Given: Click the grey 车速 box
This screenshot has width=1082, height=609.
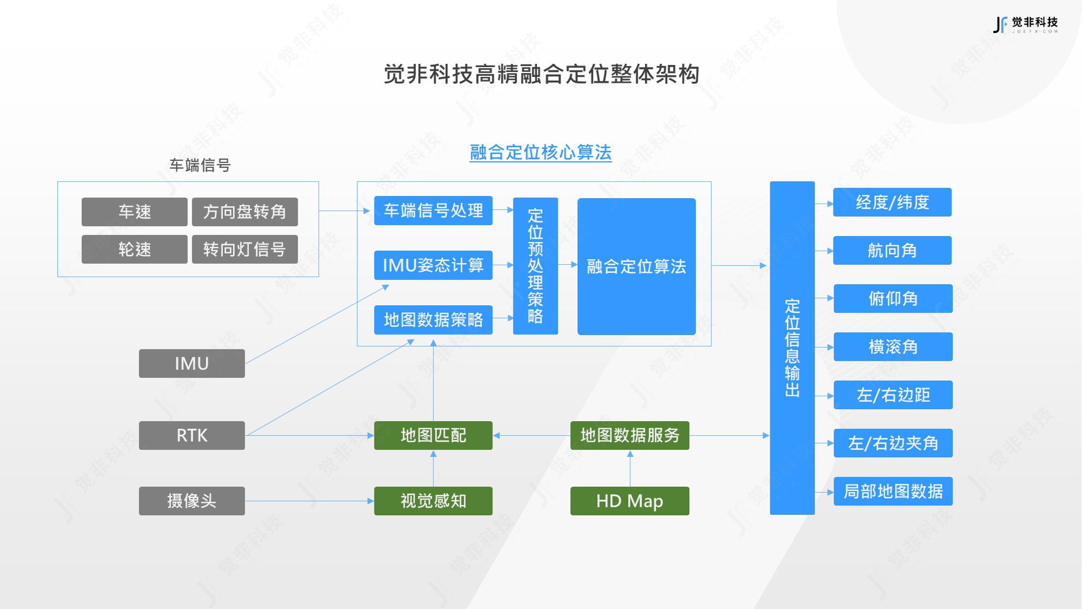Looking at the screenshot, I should (x=134, y=212).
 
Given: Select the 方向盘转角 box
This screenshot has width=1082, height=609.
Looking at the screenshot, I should (x=245, y=212).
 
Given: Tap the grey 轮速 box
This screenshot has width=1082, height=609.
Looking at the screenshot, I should (x=134, y=249).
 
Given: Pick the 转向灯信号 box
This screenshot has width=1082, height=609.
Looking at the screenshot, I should (x=245, y=249).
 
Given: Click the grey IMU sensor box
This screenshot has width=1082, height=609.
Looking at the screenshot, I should (x=192, y=363).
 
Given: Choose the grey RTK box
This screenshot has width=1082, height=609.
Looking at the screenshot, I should (x=192, y=435).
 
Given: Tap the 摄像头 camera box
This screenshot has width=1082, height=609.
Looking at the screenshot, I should (x=192, y=501).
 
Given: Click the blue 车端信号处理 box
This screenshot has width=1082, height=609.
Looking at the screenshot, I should (x=433, y=211).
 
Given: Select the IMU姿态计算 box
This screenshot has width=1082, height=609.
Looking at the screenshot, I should (x=433, y=265).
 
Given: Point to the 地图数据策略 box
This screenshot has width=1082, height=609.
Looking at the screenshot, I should (x=433, y=320).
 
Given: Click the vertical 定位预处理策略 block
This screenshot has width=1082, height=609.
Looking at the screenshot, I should (x=535, y=266).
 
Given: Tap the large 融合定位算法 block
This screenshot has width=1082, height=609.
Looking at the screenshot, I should (x=636, y=266).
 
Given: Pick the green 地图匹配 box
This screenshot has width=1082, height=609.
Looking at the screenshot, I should (x=433, y=435).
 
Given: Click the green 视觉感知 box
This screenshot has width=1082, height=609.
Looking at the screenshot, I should (x=433, y=501).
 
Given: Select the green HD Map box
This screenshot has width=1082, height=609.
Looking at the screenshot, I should (x=629, y=501).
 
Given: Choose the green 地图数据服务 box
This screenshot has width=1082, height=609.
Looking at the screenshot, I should (x=629, y=435).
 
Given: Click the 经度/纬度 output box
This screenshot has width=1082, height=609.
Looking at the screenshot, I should (x=892, y=202).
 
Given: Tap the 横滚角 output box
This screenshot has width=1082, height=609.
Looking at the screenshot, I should (x=893, y=346).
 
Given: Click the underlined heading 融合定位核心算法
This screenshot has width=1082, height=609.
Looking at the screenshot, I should (x=540, y=153).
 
